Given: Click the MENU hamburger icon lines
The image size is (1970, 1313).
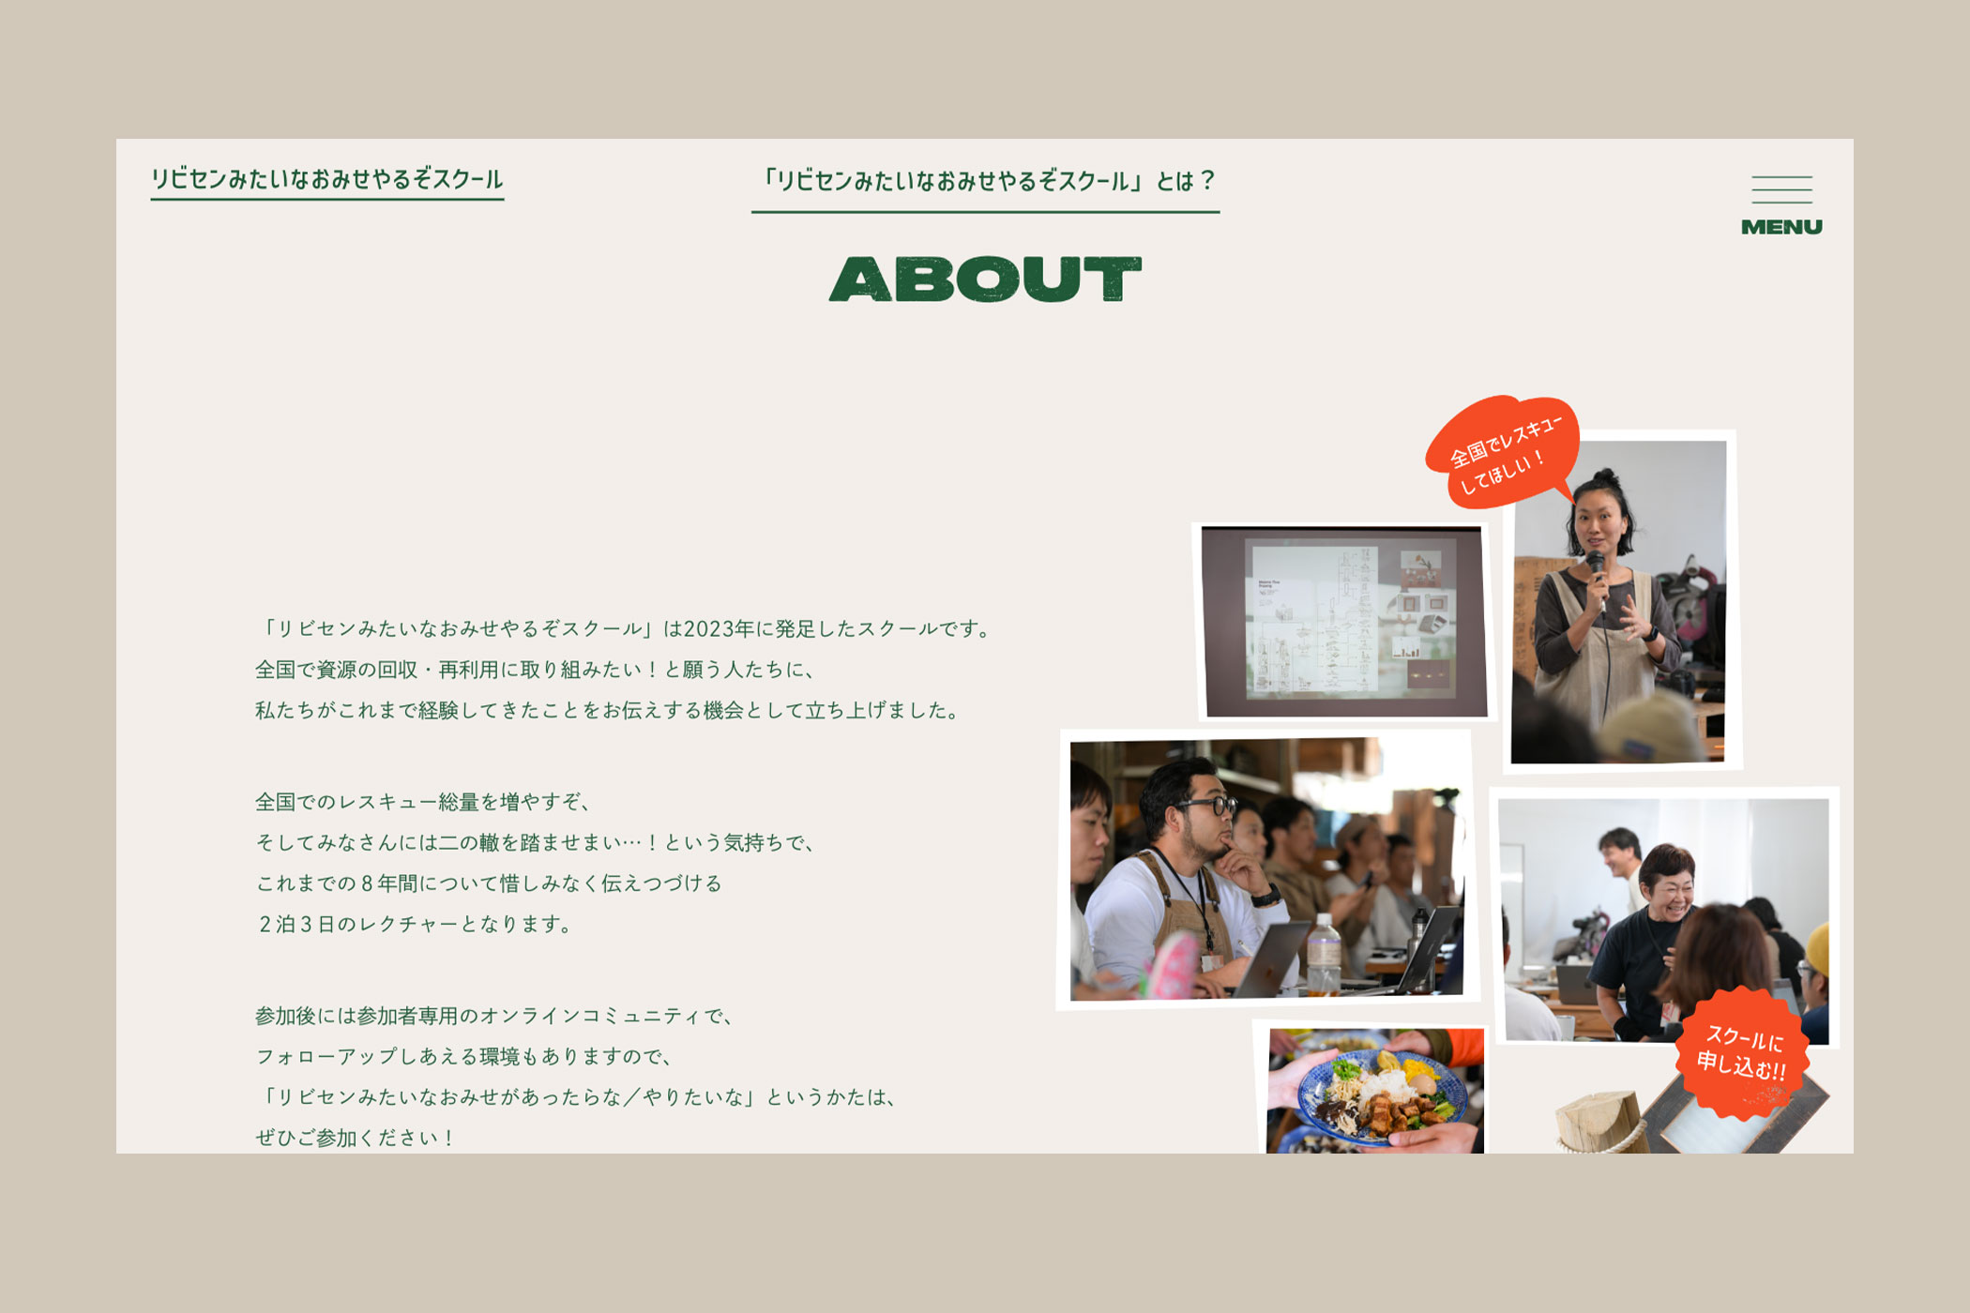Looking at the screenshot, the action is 1781,189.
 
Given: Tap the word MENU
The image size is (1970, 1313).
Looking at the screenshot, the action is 1781,227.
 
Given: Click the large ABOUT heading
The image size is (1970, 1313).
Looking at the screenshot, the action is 985,279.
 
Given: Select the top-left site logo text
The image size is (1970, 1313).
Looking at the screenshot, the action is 327,179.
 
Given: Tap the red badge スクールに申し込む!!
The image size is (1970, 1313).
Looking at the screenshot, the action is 1742,1052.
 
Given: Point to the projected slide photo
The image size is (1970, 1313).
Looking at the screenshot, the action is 1344,622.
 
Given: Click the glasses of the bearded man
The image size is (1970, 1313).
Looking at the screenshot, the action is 1204,805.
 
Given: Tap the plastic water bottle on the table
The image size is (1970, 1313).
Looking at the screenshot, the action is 1324,953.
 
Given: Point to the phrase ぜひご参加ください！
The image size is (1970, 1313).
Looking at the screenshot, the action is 356,1139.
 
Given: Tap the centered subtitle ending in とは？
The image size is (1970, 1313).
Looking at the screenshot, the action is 986,180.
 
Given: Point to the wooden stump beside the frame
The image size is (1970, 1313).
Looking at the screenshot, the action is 1599,1122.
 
